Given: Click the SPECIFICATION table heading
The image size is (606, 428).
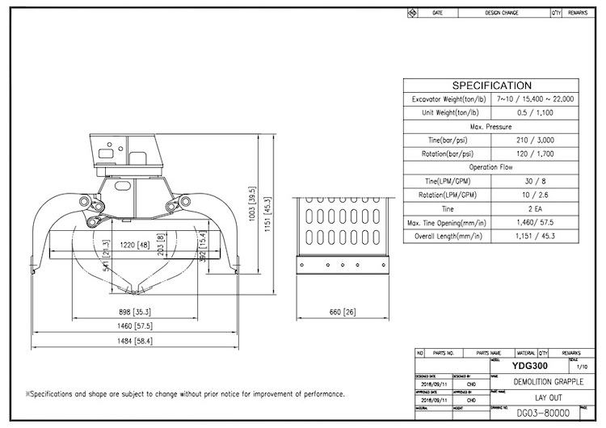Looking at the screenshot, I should (x=491, y=86).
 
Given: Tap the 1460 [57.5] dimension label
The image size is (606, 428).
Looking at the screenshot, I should (x=135, y=327).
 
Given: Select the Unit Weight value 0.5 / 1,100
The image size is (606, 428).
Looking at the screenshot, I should (x=534, y=113).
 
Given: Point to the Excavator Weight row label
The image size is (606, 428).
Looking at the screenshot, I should (x=447, y=99).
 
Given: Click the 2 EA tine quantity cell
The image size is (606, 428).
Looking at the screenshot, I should (x=534, y=208).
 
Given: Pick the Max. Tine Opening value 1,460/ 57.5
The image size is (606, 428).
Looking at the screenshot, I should (x=534, y=222).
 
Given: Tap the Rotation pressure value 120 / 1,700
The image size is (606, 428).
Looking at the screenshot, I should (x=534, y=153).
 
